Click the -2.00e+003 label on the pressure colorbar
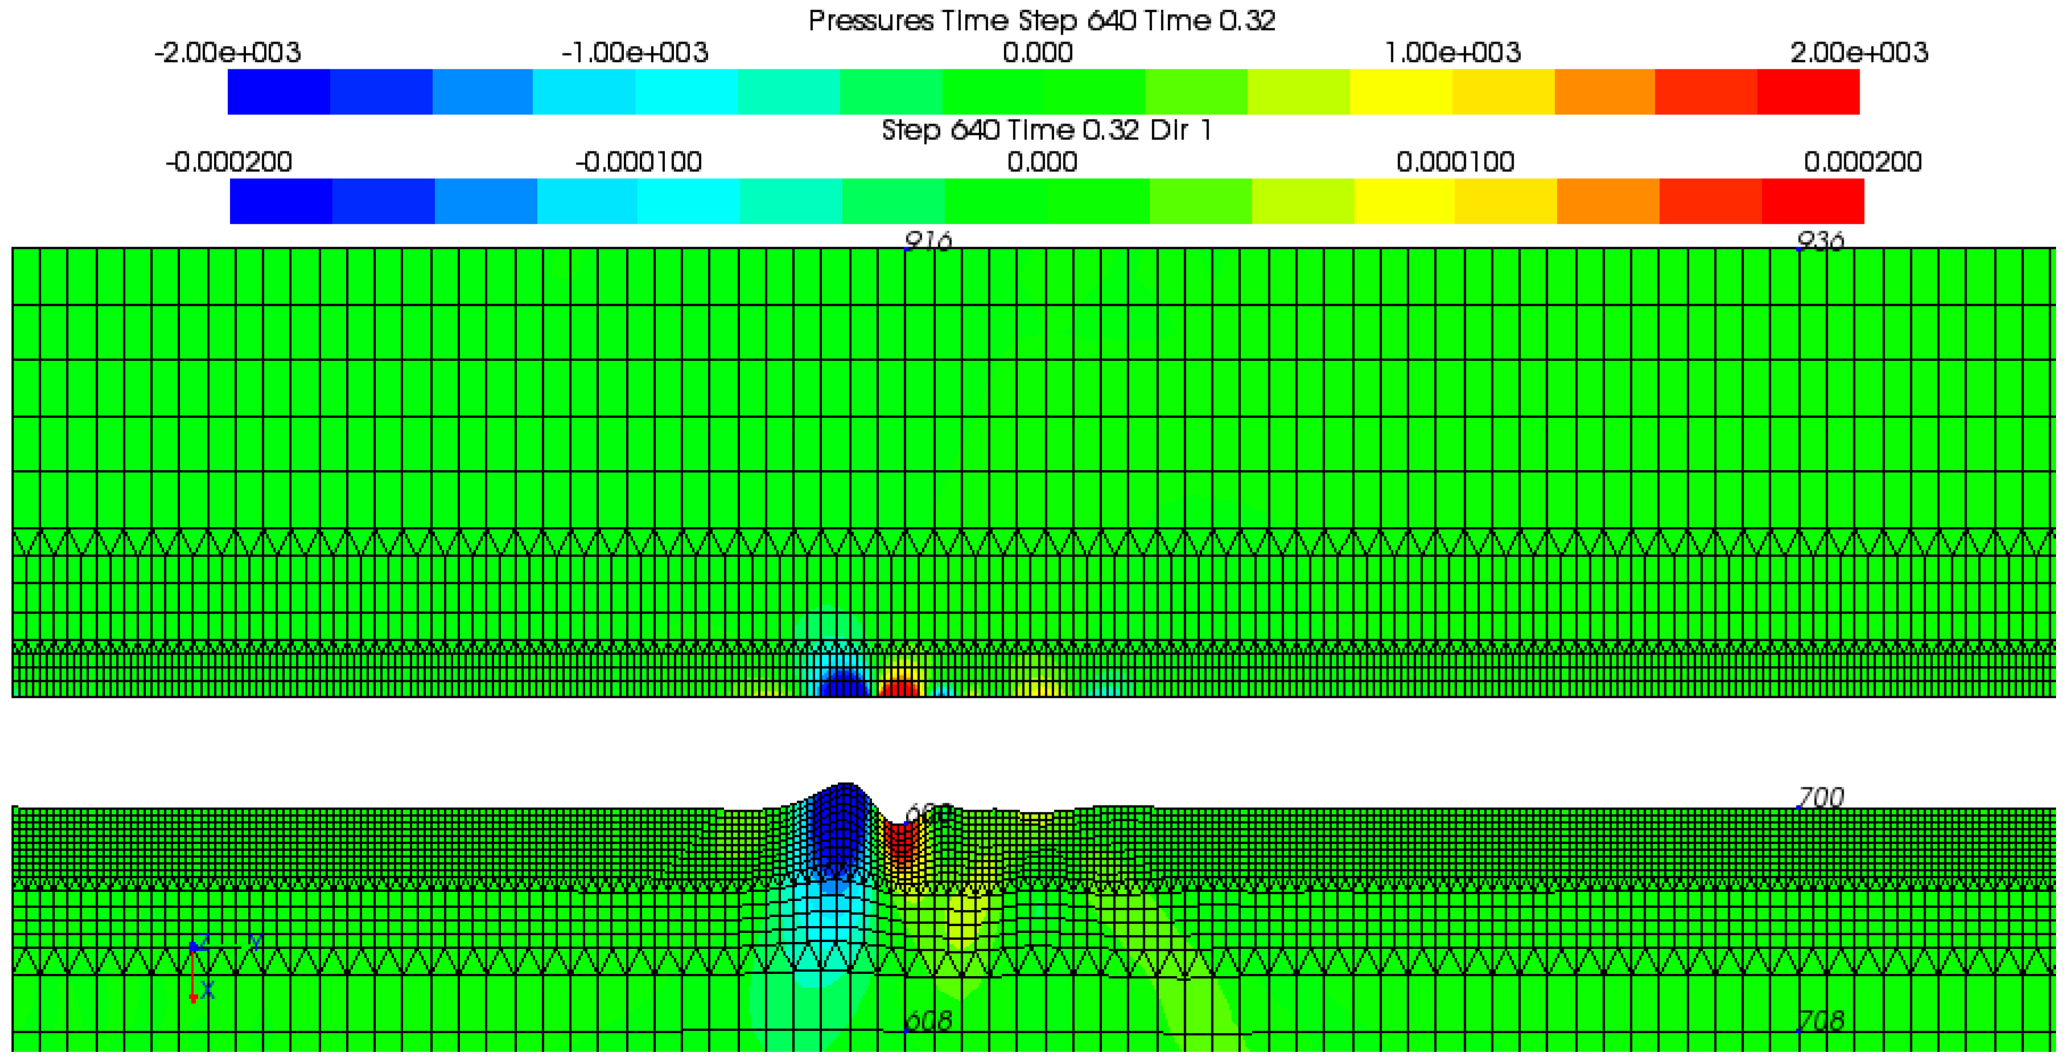click(227, 53)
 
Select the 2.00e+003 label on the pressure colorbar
click(1859, 53)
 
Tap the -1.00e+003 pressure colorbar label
click(634, 53)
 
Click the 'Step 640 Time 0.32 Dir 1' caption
click(1046, 130)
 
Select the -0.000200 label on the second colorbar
click(229, 162)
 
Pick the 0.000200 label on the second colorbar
click(1863, 162)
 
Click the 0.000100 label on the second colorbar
click(1455, 162)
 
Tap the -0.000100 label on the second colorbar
click(638, 162)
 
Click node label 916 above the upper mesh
click(928, 240)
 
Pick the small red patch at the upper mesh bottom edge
click(899, 689)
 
